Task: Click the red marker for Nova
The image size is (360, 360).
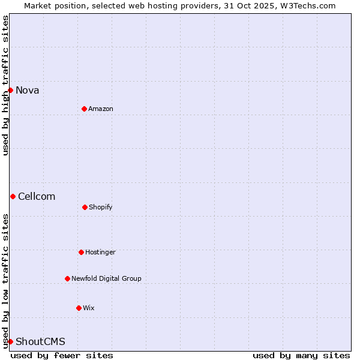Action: tap(10, 90)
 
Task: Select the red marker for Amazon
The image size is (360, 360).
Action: tap(84, 109)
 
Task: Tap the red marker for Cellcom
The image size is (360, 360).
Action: tap(13, 196)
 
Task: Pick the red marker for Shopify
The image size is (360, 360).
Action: tap(85, 207)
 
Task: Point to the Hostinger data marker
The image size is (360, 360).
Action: tap(81, 252)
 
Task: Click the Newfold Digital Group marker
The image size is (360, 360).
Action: tap(67, 278)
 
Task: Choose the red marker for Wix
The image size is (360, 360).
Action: tap(79, 308)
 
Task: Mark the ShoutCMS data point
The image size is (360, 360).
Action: tap(10, 341)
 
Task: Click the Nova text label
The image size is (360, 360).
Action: tap(28, 91)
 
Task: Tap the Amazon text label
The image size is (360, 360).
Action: tap(101, 109)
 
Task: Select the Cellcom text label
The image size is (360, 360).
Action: tap(37, 197)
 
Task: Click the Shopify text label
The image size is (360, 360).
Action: tap(101, 208)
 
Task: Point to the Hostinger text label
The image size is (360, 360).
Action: tap(100, 253)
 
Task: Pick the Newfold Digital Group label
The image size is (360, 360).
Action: tap(106, 279)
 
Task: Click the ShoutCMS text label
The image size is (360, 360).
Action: tap(40, 342)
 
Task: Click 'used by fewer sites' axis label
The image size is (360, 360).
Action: tap(62, 355)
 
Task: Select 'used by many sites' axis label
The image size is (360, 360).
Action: tap(301, 355)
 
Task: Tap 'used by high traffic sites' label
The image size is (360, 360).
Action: tap(5, 85)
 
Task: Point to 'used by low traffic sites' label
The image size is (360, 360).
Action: tap(5, 281)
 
